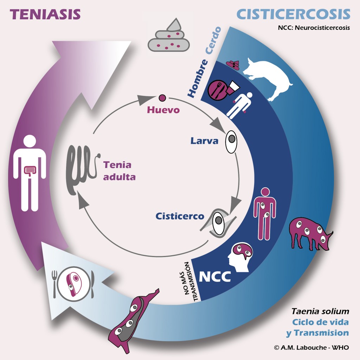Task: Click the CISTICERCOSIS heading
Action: click(x=293, y=14)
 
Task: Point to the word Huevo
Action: click(x=163, y=110)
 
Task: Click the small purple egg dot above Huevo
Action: click(x=162, y=98)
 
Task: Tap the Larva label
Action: click(x=205, y=141)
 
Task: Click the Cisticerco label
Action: click(x=180, y=216)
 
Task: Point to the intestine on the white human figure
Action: click(x=29, y=171)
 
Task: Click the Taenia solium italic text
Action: click(x=320, y=311)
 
